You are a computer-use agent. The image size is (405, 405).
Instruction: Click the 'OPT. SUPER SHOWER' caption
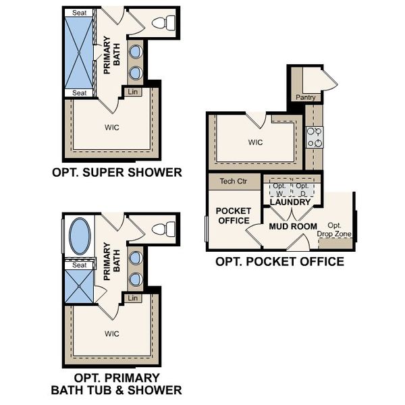click(117, 172)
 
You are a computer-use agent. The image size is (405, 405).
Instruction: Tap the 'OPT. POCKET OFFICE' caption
click(279, 261)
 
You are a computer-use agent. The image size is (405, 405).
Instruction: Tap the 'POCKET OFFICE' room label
click(233, 215)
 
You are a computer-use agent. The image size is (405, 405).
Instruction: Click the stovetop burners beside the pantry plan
click(314, 138)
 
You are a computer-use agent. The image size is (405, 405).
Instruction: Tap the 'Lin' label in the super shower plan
click(132, 90)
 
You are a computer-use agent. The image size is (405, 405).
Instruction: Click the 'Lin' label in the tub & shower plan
click(132, 298)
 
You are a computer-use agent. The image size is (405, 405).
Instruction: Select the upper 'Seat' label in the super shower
click(79, 13)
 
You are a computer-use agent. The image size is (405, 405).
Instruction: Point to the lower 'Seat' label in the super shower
click(79, 92)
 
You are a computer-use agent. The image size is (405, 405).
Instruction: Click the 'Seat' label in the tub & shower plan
click(80, 265)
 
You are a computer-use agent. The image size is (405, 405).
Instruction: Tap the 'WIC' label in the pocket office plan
click(254, 142)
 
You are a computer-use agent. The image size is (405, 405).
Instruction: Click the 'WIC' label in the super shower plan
click(111, 128)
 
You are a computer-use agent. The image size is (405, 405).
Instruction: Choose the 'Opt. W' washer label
click(280, 189)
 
